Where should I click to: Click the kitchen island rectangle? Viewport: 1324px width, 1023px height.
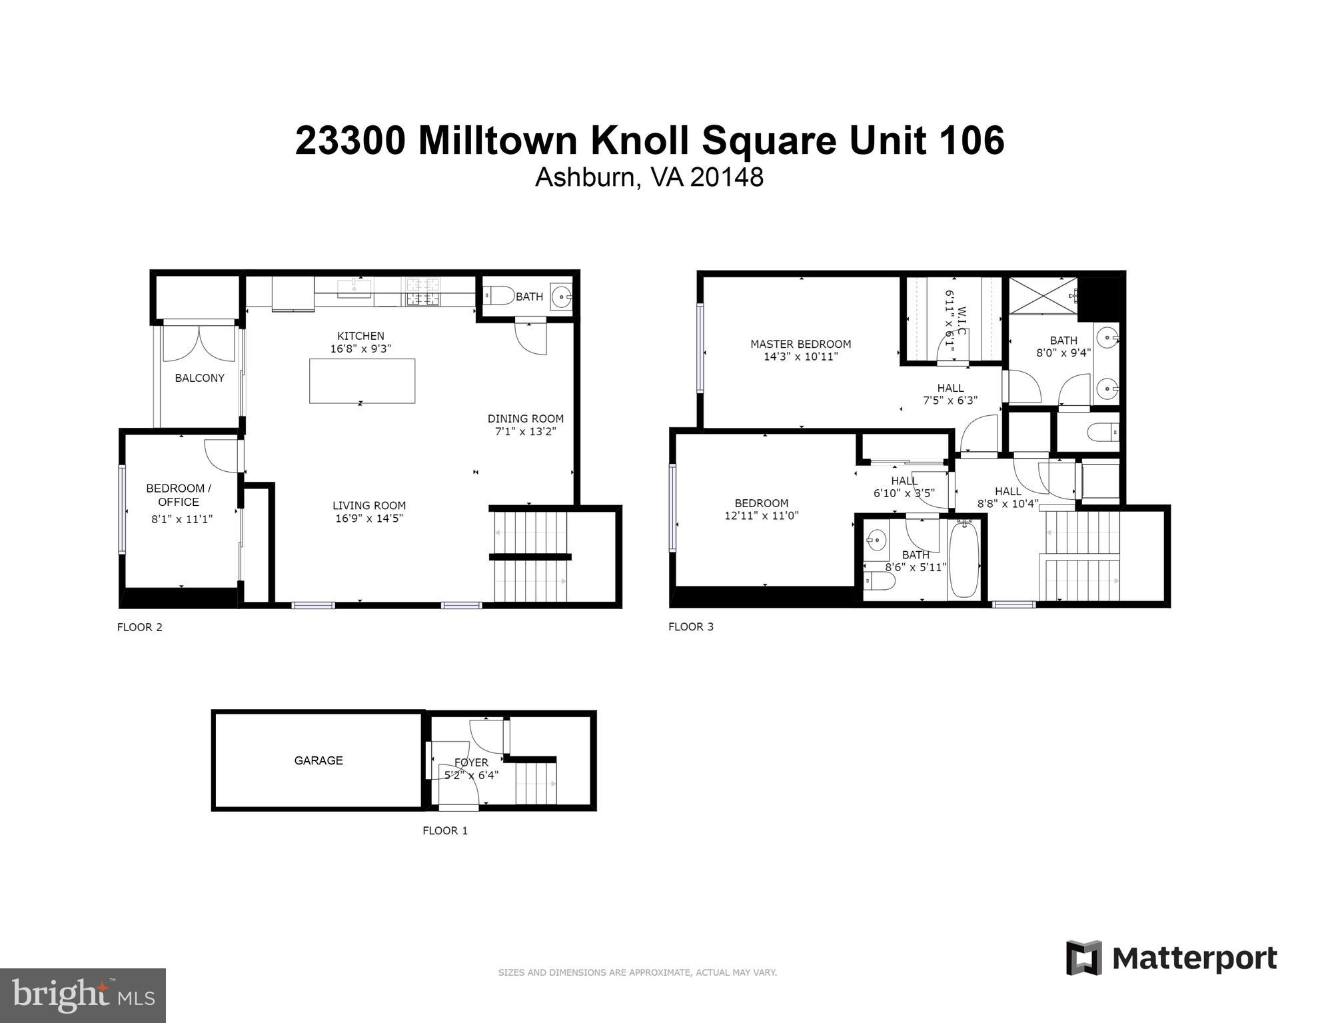tap(362, 381)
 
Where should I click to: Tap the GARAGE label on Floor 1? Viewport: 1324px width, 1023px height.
tap(319, 760)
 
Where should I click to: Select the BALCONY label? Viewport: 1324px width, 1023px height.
tap(199, 378)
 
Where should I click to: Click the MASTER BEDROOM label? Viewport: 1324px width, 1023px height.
tap(800, 344)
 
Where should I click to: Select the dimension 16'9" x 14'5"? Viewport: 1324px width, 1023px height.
tap(369, 518)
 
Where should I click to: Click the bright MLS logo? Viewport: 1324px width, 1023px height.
tap(83, 996)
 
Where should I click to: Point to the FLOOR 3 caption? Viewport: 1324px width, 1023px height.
tap(690, 626)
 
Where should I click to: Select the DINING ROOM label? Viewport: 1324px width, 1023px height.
tap(525, 419)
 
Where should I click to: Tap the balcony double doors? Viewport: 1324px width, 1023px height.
tap(199, 339)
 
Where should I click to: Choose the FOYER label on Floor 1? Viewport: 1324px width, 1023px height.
tap(471, 762)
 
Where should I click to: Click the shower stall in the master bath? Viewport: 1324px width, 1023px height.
tap(1043, 295)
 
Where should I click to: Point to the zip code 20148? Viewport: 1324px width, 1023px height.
tap(726, 177)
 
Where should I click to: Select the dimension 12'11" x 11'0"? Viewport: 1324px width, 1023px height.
tap(761, 515)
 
